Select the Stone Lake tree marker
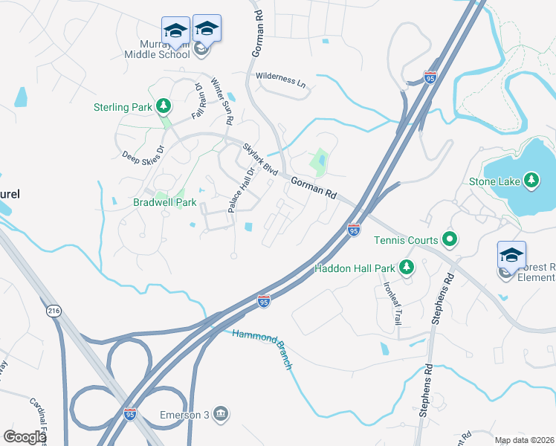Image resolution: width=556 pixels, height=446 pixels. [531, 180]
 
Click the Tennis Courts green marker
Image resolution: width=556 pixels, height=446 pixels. [449, 239]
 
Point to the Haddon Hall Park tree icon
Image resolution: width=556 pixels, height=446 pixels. [406, 267]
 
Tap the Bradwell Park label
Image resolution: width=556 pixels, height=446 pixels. [164, 201]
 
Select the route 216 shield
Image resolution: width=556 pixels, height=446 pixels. [53, 311]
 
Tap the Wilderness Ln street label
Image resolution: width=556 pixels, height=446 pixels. [281, 80]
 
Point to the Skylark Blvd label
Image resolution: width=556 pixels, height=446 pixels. [259, 159]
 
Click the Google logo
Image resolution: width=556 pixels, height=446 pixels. [24, 437]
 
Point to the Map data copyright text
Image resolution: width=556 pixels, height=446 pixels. [524, 440]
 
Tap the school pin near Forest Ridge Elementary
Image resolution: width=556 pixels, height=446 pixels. [511, 255]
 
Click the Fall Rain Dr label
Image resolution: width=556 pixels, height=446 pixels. [198, 101]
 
